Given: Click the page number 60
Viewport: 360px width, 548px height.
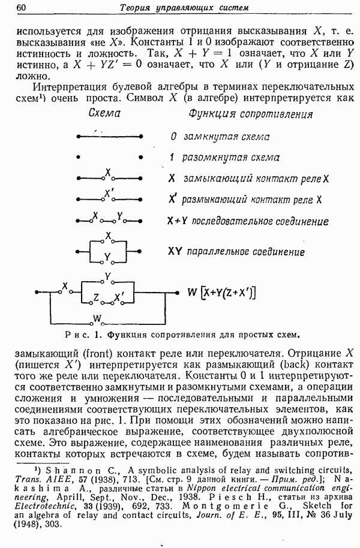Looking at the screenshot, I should click(21, 8).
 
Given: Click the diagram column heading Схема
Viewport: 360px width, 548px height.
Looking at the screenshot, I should click(104, 113).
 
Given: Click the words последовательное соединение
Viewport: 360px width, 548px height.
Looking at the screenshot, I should click(256, 221).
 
